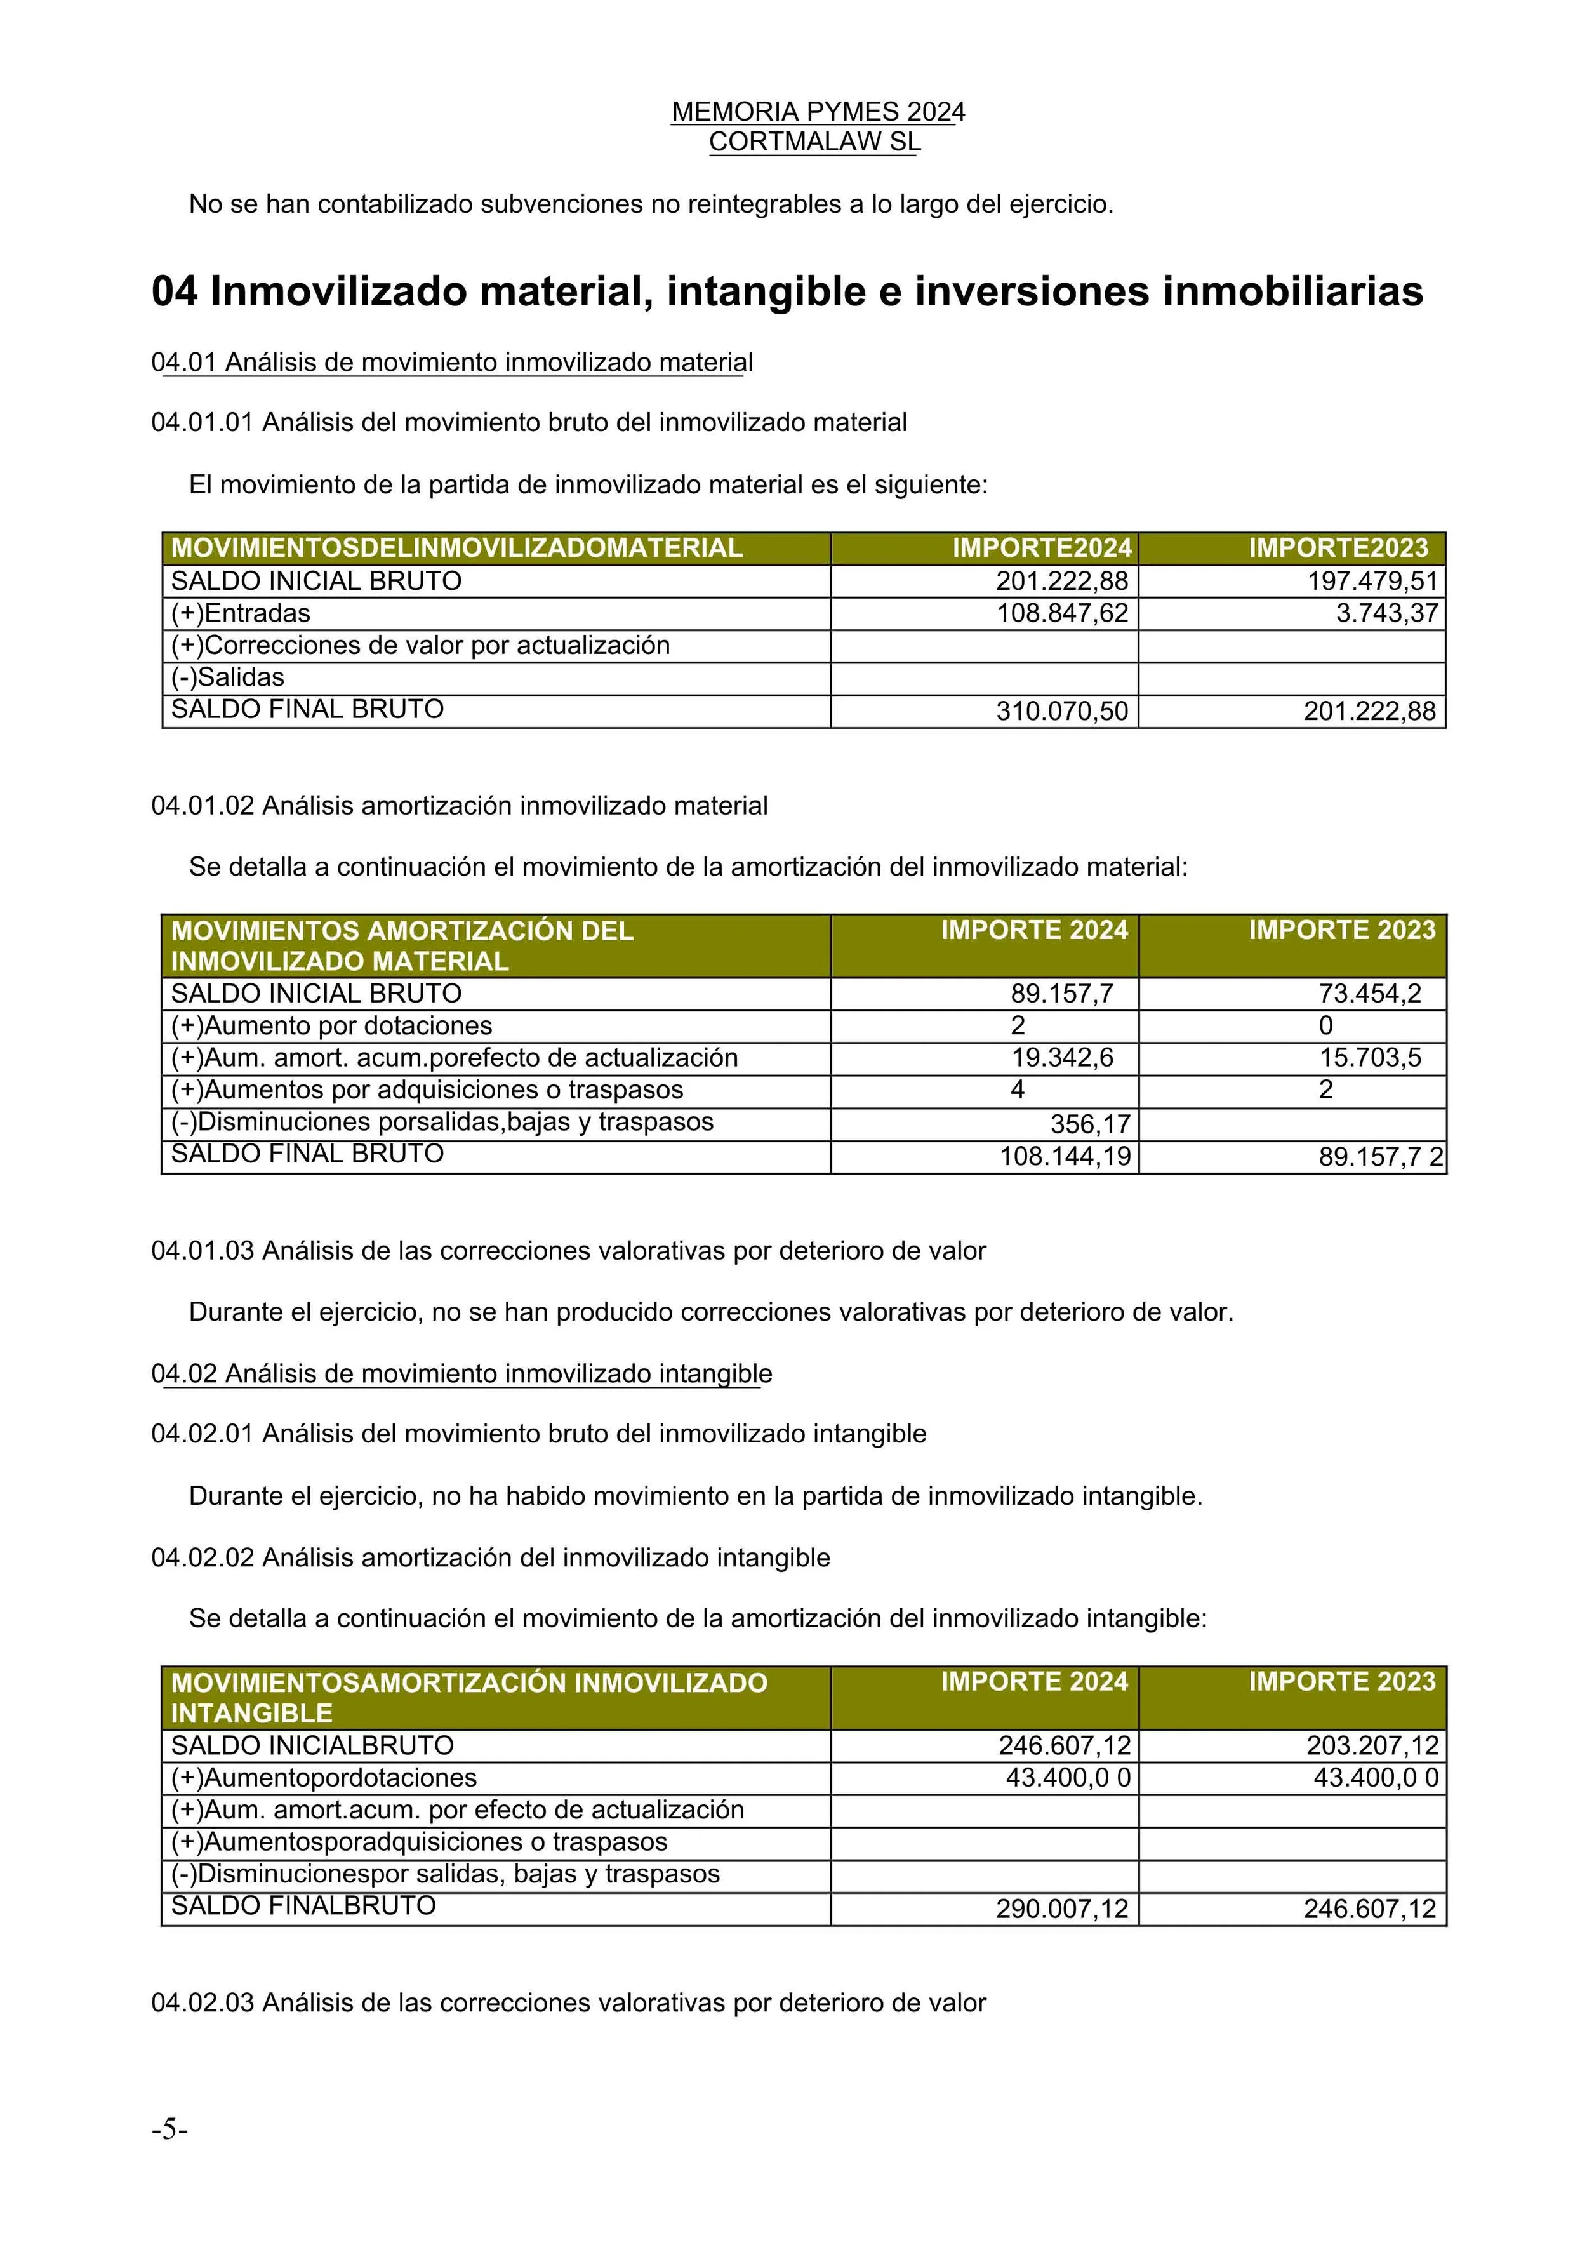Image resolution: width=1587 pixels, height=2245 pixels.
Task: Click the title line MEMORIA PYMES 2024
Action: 818,112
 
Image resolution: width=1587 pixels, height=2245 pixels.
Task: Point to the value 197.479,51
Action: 1373,581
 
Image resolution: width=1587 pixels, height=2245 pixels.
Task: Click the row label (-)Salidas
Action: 228,677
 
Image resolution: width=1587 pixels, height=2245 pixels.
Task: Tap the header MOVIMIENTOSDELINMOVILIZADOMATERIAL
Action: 456,547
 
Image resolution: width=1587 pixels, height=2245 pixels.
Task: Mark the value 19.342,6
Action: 1062,1058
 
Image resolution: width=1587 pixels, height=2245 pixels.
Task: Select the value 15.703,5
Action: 1370,1058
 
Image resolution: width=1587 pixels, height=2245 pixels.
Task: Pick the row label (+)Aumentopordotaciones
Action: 324,1778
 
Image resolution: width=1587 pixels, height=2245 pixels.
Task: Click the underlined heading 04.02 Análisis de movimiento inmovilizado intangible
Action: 461,1374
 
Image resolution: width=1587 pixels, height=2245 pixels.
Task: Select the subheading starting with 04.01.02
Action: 460,806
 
